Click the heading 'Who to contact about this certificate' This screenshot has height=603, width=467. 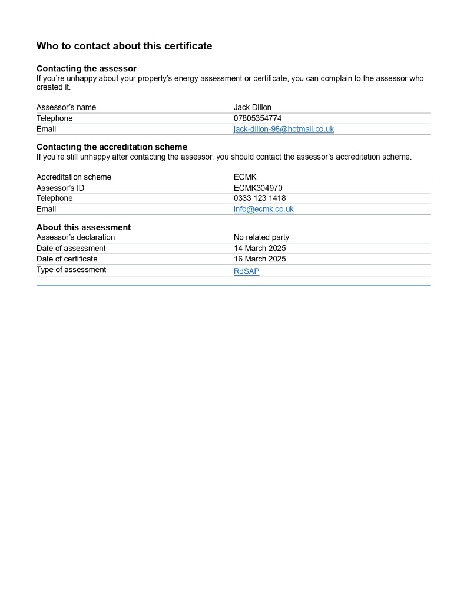(x=124, y=46)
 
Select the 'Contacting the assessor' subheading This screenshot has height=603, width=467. (x=87, y=69)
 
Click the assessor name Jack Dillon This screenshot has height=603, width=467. (x=253, y=107)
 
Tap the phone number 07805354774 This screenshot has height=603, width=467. (x=257, y=118)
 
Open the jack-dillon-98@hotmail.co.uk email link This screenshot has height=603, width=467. (x=283, y=129)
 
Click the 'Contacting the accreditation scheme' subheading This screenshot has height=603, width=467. (x=112, y=147)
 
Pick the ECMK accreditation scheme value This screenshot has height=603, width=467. (x=245, y=177)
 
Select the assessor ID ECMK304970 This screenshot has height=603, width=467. (x=258, y=188)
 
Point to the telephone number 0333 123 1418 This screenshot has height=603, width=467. (x=260, y=198)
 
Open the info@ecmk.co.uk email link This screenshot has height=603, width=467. (x=263, y=209)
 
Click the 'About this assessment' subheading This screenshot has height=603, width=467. (x=84, y=227)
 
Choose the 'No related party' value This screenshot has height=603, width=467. (x=261, y=237)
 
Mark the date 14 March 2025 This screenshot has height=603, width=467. (x=260, y=249)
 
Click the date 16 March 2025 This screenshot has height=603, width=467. (x=260, y=259)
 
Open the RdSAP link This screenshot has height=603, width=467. (x=246, y=271)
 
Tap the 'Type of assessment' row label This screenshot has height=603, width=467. (x=71, y=270)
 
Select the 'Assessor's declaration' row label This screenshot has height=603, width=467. (x=76, y=237)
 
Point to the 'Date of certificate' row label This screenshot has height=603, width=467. (x=67, y=259)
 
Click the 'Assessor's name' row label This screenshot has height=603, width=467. (x=66, y=107)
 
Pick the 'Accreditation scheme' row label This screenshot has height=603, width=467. (x=74, y=177)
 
